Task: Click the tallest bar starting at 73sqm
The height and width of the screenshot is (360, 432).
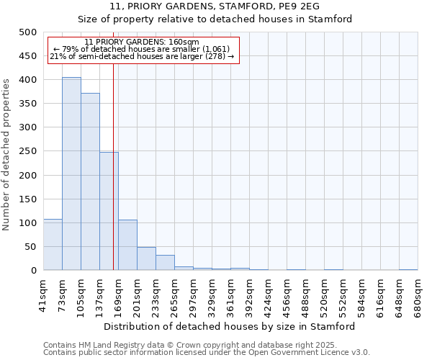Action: click(71, 174)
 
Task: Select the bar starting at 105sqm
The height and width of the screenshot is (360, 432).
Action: click(90, 181)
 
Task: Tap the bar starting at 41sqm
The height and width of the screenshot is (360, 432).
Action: click(53, 245)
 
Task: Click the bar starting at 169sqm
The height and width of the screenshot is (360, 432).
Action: click(127, 245)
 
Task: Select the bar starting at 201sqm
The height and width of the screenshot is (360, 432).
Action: click(146, 258)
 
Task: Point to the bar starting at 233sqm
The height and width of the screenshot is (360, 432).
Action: click(165, 263)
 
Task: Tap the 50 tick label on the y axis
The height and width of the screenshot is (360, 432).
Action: click(30, 247)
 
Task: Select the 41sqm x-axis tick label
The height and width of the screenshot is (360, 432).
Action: click(43, 292)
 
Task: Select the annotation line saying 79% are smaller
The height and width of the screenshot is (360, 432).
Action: click(141, 49)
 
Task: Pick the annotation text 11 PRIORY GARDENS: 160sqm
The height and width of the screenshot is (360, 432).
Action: click(141, 42)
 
